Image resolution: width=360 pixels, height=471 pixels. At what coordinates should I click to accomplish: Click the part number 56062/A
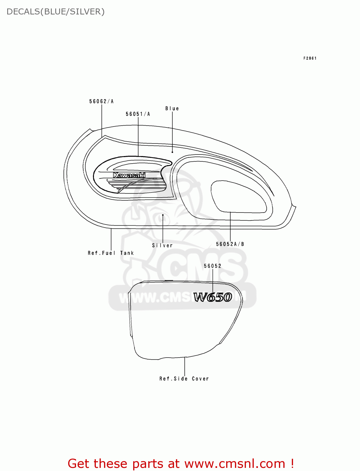[x=101, y=101]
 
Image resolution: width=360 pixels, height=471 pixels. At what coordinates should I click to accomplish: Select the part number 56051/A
[x=138, y=114]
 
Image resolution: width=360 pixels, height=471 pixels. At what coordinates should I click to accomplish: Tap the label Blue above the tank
[x=172, y=108]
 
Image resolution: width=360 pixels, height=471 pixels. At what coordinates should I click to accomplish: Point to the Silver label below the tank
[x=162, y=245]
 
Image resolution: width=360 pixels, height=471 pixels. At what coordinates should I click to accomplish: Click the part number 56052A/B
[x=230, y=244]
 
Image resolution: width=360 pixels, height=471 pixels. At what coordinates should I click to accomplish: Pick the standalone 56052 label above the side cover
[x=212, y=266]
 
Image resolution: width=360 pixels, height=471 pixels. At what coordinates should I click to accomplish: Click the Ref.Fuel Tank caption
[x=111, y=253]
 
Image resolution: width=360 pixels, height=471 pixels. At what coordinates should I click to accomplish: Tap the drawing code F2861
[x=310, y=58]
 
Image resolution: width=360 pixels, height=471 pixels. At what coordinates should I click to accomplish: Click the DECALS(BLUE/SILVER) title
[x=56, y=12]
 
